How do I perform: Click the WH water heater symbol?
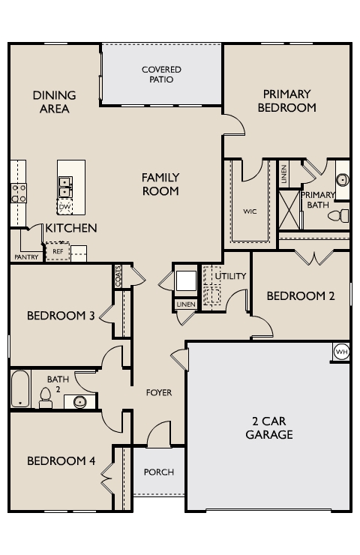341,352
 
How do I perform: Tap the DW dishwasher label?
64,207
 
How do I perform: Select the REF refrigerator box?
58,251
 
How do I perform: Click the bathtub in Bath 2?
20,388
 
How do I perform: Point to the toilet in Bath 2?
45,397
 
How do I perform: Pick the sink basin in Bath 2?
80,402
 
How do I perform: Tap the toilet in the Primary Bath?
338,215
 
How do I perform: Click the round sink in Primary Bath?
342,180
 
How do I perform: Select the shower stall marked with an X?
289,210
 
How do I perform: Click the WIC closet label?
250,211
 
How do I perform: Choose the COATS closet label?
118,276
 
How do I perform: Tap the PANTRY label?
26,257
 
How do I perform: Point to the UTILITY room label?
230,276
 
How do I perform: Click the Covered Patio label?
161,74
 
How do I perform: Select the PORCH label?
159,472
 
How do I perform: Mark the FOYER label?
159,392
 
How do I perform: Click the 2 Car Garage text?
269,427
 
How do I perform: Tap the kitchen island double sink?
65,187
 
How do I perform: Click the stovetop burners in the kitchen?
19,193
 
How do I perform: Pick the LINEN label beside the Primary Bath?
284,175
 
